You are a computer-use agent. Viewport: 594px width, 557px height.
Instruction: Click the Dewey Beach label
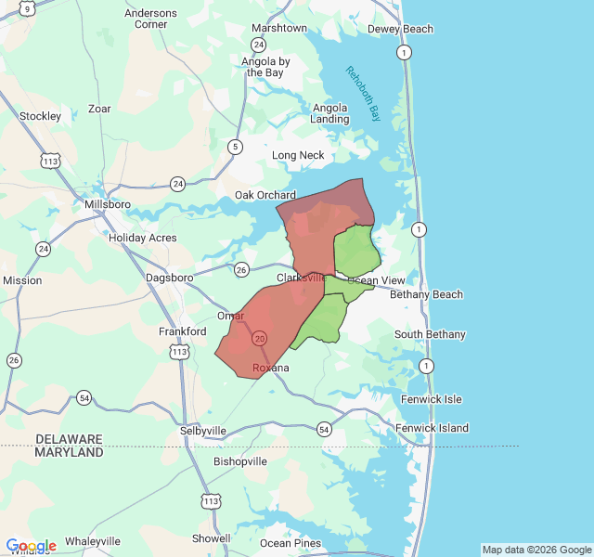pos(400,29)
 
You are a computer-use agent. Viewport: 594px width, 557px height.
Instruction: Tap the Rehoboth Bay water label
pos(363,94)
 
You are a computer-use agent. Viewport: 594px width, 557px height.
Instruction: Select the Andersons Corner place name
pos(150,19)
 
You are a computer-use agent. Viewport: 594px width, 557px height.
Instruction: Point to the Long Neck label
pos(298,155)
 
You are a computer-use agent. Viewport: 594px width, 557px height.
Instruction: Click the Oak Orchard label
pos(265,195)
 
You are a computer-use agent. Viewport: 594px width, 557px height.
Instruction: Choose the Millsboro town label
pos(108,204)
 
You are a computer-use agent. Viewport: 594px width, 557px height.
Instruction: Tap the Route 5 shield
pos(236,147)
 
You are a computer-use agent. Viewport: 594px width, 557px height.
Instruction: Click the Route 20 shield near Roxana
pos(259,338)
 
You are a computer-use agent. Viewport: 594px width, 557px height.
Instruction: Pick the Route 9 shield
pos(27,7)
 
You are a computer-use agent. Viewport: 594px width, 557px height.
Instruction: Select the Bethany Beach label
pos(426,294)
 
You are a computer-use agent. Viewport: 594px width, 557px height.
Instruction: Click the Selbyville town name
pos(202,431)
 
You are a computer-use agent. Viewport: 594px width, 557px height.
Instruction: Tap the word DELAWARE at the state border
pos(70,438)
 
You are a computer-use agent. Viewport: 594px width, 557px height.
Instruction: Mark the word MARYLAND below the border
pos(70,452)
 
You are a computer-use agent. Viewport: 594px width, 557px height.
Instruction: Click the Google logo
pos(31,546)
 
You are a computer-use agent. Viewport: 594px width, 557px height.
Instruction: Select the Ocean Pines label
pos(291,543)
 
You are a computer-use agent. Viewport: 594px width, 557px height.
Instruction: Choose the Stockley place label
pos(40,116)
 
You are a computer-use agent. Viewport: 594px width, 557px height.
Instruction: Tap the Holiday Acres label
pos(142,238)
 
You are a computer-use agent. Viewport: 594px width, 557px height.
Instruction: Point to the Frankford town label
pos(182,331)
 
